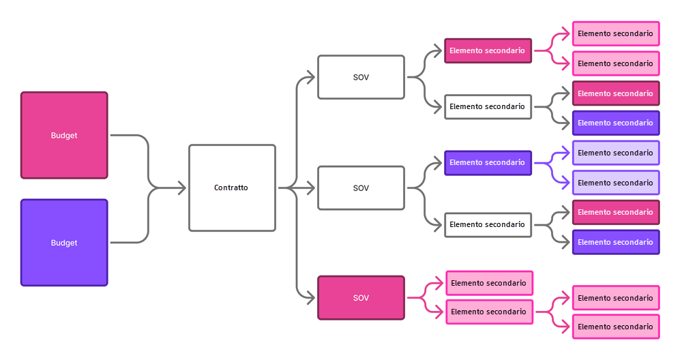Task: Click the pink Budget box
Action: coord(64,135)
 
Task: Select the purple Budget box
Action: coord(64,243)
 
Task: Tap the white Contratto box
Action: coord(232,187)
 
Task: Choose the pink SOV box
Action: coord(361,298)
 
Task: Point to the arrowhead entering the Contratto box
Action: coord(181,187)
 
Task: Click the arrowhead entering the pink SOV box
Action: coord(311,298)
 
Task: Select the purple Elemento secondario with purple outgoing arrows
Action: coord(488,163)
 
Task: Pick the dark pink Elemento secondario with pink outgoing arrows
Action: coord(488,50)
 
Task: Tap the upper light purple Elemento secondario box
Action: coord(615,153)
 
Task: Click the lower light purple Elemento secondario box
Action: coord(615,183)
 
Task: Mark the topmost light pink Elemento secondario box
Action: coord(615,33)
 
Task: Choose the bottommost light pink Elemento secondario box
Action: coord(615,327)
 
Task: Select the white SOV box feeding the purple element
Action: coord(361,187)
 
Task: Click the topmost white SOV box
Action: coord(361,77)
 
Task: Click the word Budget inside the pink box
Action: coord(64,136)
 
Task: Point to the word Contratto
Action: coord(231,187)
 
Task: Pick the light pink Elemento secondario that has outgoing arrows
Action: coord(488,312)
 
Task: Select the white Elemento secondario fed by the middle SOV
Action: coord(488,224)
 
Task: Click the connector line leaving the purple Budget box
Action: coord(130,243)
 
